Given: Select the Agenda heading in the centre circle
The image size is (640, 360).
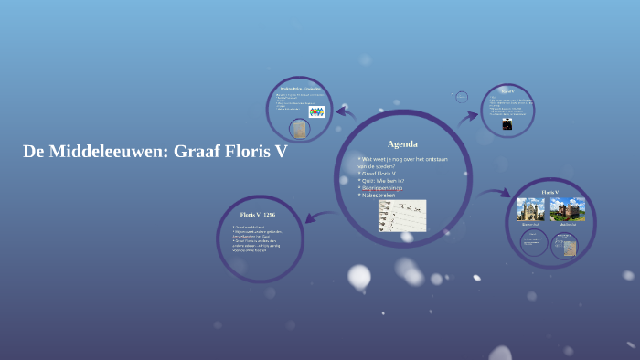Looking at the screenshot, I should click(x=402, y=144).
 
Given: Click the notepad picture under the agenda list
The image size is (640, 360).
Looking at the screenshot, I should click(x=402, y=216).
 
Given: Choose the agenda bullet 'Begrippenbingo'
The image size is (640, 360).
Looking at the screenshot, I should click(x=389, y=188).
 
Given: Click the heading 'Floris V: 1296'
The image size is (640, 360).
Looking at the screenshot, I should click(x=258, y=215).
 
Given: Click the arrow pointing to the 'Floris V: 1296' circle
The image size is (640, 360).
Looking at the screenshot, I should click(x=320, y=217).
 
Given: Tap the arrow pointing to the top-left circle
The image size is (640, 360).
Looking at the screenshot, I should click(x=346, y=113).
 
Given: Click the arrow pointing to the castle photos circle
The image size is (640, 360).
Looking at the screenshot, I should click(x=495, y=193).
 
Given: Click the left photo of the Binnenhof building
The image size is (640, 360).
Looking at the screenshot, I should click(x=530, y=209).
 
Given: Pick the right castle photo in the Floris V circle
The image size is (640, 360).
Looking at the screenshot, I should click(x=568, y=209).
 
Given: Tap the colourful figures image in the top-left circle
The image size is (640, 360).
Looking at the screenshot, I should click(x=316, y=112).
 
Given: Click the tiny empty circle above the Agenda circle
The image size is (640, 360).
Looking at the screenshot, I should click(x=462, y=97).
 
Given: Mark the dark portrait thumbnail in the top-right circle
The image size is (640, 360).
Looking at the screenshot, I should click(x=507, y=124).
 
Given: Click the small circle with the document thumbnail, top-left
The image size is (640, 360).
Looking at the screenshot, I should click(x=299, y=129).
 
